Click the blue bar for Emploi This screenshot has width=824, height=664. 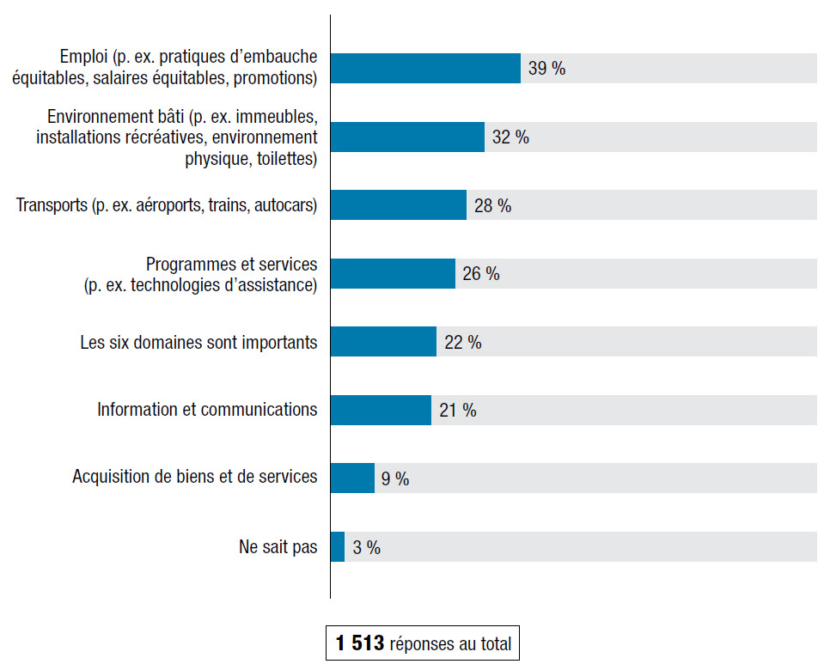pos(425,69)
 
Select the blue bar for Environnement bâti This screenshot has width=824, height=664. pos(407,137)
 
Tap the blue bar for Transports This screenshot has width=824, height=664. pos(398,205)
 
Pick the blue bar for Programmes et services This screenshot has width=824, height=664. pos(393,274)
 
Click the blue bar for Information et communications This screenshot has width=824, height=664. pos(381,410)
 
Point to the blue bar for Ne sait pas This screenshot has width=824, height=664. pos(338,547)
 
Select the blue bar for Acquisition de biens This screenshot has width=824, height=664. pos(352,478)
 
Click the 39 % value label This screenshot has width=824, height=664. pos(546,70)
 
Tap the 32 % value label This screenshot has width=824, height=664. pos(510,137)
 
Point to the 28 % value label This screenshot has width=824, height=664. pos(492,206)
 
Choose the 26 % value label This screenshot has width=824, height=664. pos(480,274)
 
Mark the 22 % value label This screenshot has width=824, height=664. pos(462,343)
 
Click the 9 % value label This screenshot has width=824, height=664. pos(395,479)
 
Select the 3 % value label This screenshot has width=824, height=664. pos(366,548)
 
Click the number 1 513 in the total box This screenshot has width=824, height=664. pos(360,643)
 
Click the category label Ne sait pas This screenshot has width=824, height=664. pos(278,547)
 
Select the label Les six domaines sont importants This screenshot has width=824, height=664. pos(198,342)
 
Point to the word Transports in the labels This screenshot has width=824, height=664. pos(52,205)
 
